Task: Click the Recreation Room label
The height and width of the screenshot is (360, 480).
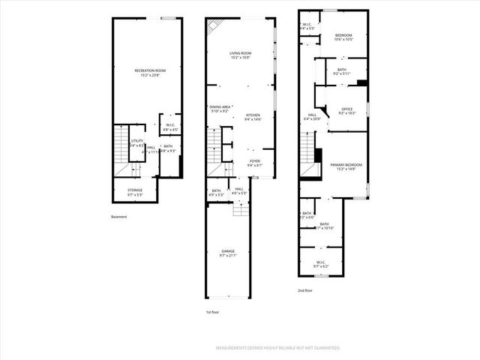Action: point(150,70)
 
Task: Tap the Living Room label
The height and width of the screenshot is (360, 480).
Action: point(240,52)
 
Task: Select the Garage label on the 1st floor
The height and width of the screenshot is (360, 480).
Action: point(228,250)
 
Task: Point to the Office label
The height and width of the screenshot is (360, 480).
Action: point(346,109)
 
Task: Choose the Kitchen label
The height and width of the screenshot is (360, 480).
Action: point(253,115)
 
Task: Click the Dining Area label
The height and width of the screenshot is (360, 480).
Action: point(220,106)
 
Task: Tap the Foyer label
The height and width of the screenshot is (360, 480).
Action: point(255,160)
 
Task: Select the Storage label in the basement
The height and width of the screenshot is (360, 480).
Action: point(135,190)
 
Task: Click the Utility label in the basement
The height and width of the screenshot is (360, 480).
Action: point(136,141)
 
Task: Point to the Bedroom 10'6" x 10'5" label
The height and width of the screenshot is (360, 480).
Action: point(344,35)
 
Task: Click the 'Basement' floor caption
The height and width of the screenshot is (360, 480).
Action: point(118,217)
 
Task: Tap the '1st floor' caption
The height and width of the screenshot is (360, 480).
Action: point(213,311)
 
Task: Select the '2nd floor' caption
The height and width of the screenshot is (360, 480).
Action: point(304,289)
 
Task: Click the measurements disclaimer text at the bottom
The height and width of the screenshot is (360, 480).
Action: point(278,348)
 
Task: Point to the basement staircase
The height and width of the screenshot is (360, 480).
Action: point(120,146)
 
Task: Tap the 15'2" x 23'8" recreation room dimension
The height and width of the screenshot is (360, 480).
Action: point(150,75)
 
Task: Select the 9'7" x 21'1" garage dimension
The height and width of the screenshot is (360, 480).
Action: point(228,256)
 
